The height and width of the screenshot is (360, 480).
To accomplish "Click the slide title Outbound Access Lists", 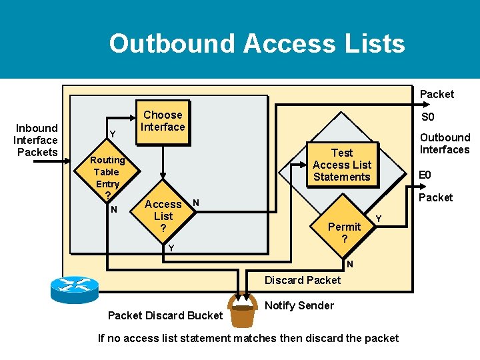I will coord(257,43).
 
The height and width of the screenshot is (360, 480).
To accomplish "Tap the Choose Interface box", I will coord(163,121).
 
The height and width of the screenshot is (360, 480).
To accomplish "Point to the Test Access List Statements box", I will coord(341,165).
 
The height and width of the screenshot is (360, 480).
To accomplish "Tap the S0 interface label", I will coord(427,117).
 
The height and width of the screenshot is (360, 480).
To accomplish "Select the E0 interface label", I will coord(424,175).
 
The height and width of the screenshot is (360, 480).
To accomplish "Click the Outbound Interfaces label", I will coord(444,143).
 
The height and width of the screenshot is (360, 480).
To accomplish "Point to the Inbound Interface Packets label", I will coord(37,140).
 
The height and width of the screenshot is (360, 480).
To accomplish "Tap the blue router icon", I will coord(74,289).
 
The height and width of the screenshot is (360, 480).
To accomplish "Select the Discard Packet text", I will coord(302,280).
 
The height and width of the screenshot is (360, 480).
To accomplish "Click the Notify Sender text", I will coord(299,305).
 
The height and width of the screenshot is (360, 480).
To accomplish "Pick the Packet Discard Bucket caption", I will coord(165,315).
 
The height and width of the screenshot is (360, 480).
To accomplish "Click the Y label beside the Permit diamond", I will coord(379,218).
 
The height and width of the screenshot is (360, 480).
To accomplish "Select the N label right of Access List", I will coord(196,202).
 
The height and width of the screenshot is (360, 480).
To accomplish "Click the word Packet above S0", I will coord(437,95).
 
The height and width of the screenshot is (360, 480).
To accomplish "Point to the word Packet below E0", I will coord(435,197).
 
